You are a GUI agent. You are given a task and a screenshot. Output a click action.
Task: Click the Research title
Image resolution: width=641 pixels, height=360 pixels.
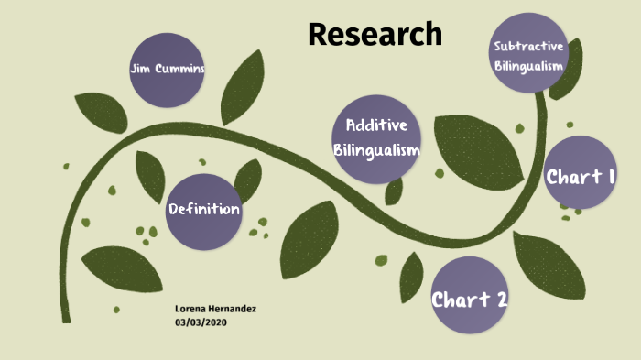point(375,34)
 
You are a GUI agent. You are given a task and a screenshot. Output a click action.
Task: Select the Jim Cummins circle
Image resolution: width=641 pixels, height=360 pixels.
point(167,69)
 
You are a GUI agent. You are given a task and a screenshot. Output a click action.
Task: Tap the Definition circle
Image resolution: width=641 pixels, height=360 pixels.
point(204,211)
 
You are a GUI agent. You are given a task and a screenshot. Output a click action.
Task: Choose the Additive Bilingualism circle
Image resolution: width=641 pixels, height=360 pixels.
point(376,138)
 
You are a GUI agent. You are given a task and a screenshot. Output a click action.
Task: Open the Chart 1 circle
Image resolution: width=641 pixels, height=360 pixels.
point(580,177)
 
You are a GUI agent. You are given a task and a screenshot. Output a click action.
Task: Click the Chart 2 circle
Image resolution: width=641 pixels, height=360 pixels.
point(470,298)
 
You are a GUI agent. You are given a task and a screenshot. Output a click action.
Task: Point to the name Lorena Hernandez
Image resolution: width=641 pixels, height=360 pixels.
point(215,310)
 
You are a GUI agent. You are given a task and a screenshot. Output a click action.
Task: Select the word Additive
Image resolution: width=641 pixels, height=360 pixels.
point(376,125)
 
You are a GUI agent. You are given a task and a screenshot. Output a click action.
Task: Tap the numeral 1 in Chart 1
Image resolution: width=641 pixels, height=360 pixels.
point(608,177)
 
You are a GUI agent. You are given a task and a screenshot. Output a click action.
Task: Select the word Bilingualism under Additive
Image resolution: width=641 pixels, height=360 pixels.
point(376,149)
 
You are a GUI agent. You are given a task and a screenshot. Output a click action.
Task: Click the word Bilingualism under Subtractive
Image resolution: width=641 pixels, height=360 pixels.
point(528,65)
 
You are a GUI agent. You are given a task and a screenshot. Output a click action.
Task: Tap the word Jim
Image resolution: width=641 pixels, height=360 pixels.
point(140,69)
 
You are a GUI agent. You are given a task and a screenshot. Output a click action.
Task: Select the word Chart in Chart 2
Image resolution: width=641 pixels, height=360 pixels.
point(460,299)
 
